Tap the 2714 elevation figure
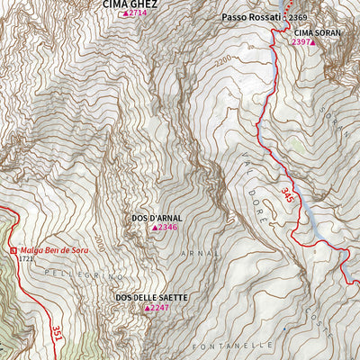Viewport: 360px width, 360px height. (x=138, y=14)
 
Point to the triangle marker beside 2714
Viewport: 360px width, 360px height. (x=125, y=14)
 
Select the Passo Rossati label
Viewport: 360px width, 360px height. (x=251, y=18)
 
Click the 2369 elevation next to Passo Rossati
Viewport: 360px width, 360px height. (x=300, y=18)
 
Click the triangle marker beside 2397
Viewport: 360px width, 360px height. (x=314, y=42)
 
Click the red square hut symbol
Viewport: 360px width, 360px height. (x=13, y=249)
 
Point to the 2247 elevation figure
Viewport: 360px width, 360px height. (x=159, y=308)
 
